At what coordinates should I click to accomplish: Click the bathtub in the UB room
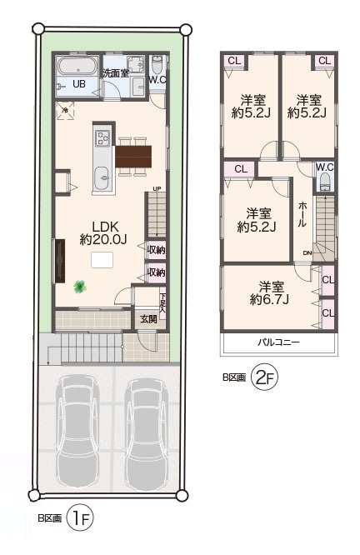(x=77, y=67)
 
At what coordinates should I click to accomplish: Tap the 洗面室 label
(x=116, y=73)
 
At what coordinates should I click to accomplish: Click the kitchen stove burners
(x=103, y=138)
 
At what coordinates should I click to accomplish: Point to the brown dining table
(x=133, y=156)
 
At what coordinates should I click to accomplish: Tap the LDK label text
(x=105, y=227)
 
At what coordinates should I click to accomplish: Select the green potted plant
(x=80, y=287)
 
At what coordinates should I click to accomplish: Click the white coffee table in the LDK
(x=102, y=260)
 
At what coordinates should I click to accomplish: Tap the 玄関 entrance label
(x=148, y=319)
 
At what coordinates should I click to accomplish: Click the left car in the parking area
(x=77, y=432)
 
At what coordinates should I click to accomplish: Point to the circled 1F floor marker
(x=80, y=519)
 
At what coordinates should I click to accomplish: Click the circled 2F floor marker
(x=264, y=378)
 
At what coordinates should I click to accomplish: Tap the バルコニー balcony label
(x=278, y=342)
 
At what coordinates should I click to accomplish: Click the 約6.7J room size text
(x=269, y=300)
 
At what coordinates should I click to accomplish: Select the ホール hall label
(x=302, y=214)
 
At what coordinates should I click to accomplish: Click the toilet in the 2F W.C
(x=325, y=182)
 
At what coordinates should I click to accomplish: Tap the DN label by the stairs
(x=307, y=252)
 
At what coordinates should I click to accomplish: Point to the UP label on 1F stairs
(x=157, y=188)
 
